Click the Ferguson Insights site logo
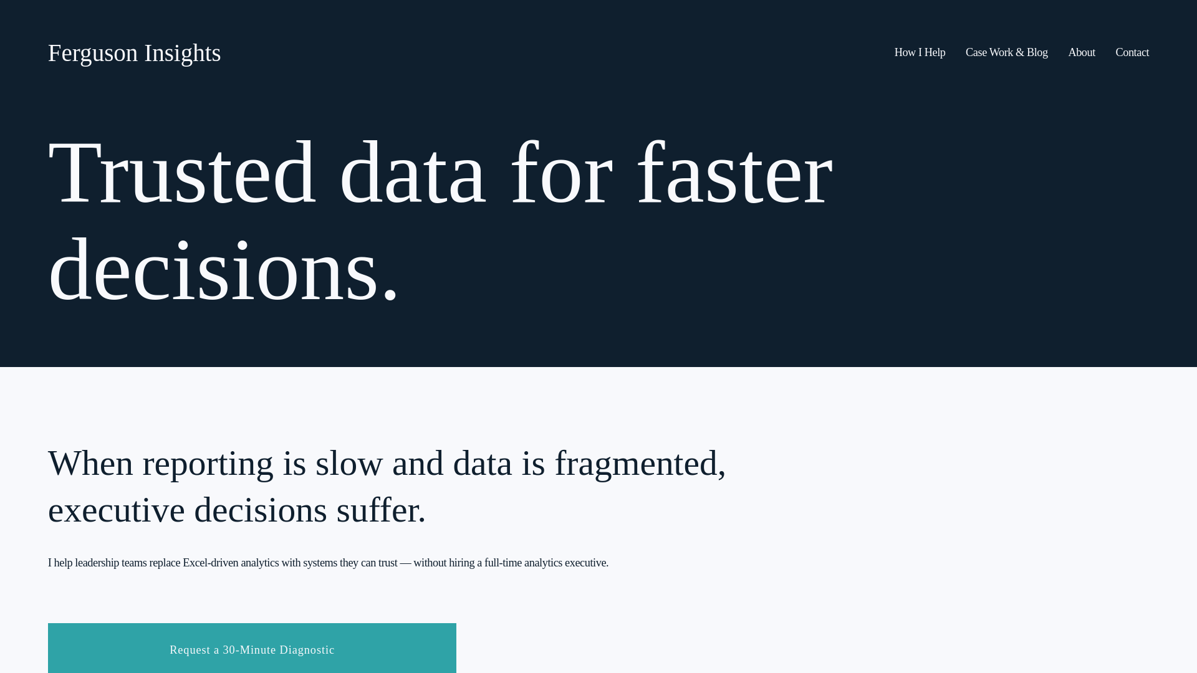tap(134, 54)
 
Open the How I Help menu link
tap(920, 53)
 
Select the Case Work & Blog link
tap(1006, 53)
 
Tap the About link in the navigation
tap(1081, 53)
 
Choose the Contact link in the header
tap(1132, 53)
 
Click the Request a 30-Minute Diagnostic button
tap(252, 649)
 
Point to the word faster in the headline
tap(734, 173)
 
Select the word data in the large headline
tap(412, 173)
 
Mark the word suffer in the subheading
tap(377, 510)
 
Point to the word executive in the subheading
tap(117, 510)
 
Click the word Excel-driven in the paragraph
tap(210, 563)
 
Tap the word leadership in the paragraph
tap(97, 563)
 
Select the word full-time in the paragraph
tap(502, 563)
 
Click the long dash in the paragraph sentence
tap(405, 563)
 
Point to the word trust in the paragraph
tap(387, 563)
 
